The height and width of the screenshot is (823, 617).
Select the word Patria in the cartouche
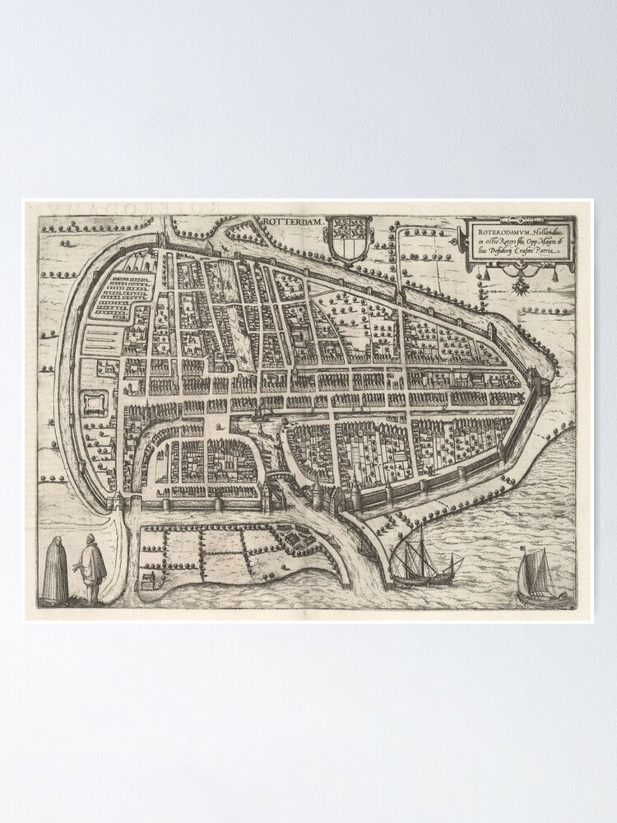point(547,255)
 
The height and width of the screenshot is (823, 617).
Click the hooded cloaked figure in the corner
point(56,570)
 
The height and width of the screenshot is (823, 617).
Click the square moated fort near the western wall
point(95,402)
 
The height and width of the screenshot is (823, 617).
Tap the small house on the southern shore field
point(147,581)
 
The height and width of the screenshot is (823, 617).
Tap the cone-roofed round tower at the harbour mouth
point(318,491)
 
